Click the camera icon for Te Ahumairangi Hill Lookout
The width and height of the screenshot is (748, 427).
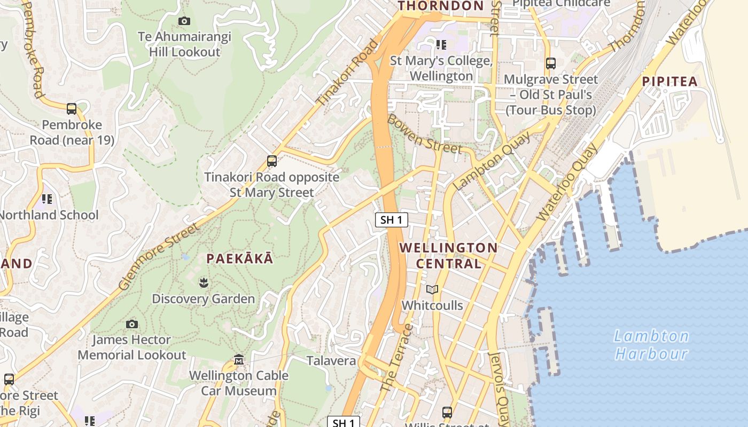tap(184, 21)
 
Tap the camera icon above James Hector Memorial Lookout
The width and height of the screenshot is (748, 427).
tap(131, 324)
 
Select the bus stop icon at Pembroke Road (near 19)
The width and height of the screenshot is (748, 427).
tap(72, 109)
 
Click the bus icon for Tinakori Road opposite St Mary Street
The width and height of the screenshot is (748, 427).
tap(272, 161)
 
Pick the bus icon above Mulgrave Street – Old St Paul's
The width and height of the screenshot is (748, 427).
tap(551, 64)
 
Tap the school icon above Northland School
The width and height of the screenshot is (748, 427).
tap(47, 199)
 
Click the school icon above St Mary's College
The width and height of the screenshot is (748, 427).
tap(441, 44)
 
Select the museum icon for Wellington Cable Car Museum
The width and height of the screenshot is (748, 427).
tap(239, 360)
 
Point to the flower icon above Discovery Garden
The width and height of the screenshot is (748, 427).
tap(203, 282)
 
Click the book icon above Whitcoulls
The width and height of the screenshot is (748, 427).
tap(432, 289)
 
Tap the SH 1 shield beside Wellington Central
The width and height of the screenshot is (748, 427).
tap(391, 220)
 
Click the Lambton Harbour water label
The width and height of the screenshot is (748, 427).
tap(651, 345)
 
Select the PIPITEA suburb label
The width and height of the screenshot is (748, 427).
tap(670, 82)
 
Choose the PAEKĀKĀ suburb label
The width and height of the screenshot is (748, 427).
tap(240, 259)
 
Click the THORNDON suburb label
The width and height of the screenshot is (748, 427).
tap(441, 6)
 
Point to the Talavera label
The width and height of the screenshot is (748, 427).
tap(331, 361)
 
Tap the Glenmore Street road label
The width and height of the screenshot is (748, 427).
tap(159, 257)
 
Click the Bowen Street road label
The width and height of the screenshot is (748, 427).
tap(424, 134)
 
